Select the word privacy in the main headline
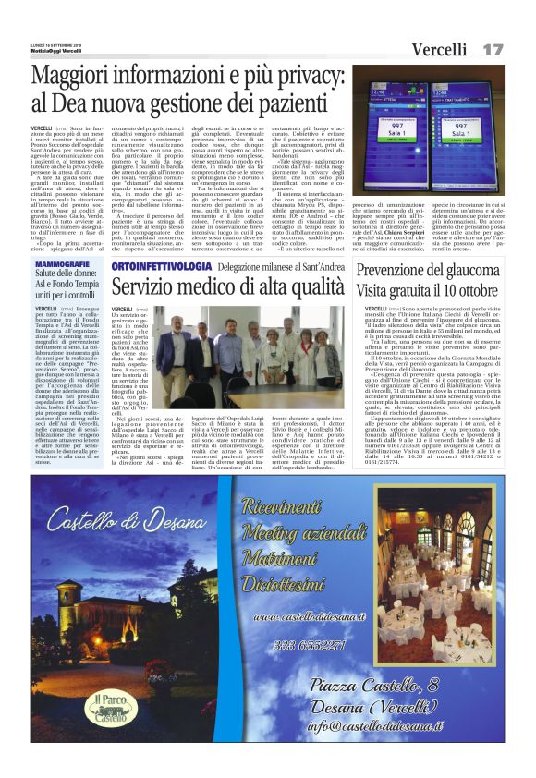[x=277, y=78]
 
